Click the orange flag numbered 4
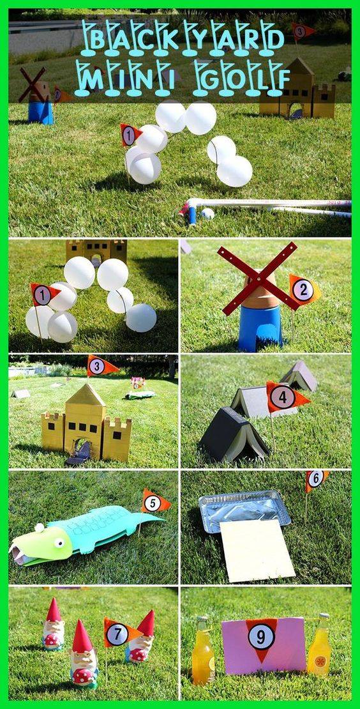(x=285, y=397)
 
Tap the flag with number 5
(x=154, y=503)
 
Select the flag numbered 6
(x=315, y=479)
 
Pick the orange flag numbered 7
(x=119, y=634)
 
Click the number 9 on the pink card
(x=262, y=636)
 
